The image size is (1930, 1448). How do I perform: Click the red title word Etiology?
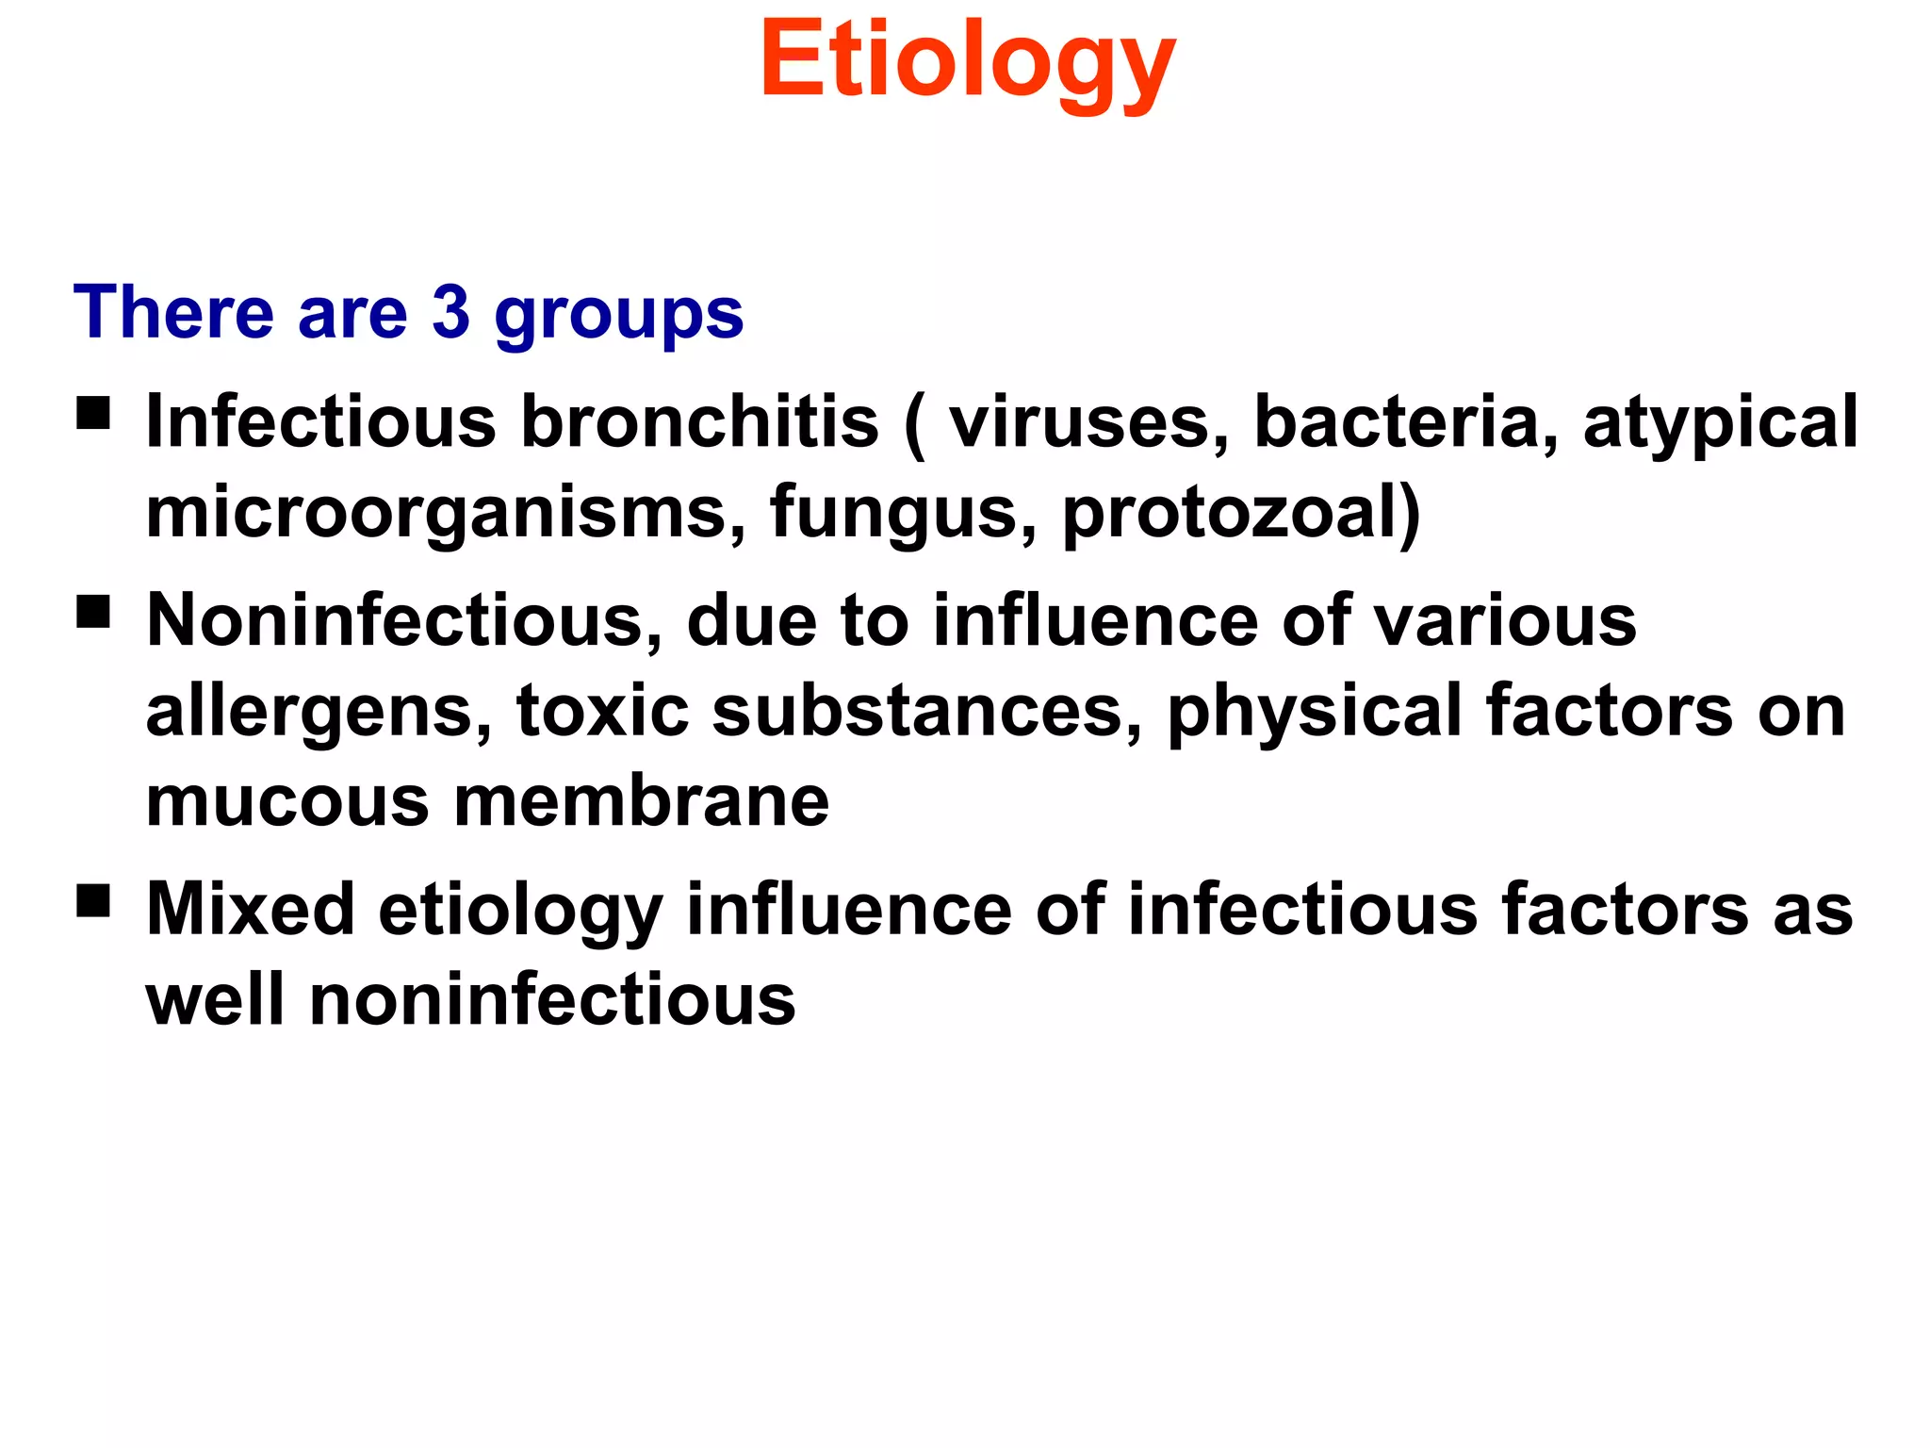[x=968, y=61]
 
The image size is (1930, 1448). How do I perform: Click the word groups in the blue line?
[x=619, y=316]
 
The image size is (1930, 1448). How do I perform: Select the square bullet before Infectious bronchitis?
[x=93, y=412]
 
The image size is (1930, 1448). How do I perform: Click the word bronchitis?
[x=700, y=421]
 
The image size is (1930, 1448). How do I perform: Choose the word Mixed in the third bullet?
[x=251, y=909]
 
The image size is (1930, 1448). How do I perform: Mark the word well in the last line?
[x=216, y=999]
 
